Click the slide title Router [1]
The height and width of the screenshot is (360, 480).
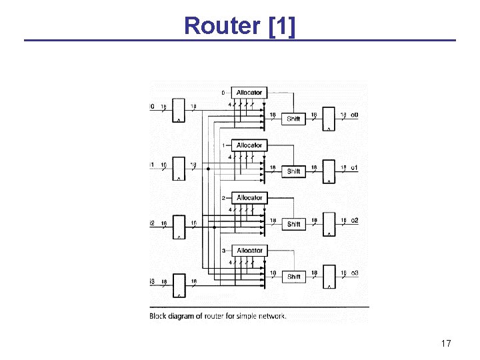point(240,25)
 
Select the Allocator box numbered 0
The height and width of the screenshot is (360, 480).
point(249,93)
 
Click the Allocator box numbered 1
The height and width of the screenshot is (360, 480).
point(249,145)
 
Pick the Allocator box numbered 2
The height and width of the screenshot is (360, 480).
point(249,198)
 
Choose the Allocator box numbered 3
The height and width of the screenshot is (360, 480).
point(249,251)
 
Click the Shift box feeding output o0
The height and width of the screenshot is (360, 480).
point(293,119)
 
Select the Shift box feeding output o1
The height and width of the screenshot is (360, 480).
point(293,172)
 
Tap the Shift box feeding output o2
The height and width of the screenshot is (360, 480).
point(293,225)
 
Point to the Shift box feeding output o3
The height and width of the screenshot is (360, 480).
point(293,277)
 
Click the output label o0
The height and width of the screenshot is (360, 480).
point(355,115)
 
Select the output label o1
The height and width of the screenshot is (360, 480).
point(355,167)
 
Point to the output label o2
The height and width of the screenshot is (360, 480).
point(355,220)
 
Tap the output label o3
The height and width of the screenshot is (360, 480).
point(355,273)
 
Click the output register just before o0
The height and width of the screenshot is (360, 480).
point(329,119)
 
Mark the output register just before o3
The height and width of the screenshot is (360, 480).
point(329,277)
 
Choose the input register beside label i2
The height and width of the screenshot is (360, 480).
point(179,227)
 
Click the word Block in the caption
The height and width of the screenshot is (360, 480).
point(158,316)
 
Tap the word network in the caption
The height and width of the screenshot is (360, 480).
point(271,316)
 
